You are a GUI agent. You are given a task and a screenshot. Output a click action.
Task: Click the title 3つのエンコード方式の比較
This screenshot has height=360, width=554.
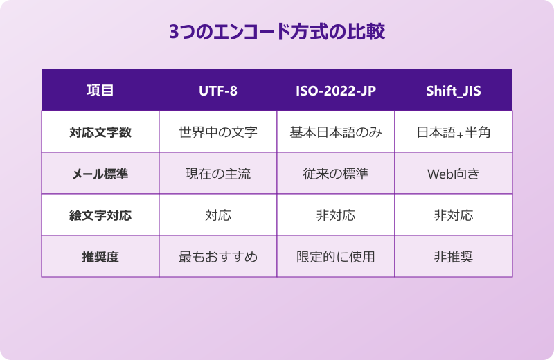click(277, 33)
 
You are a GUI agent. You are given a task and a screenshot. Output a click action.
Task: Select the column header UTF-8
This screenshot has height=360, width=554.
click(218, 91)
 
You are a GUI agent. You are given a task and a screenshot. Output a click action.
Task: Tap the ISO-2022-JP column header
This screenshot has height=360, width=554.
click(336, 91)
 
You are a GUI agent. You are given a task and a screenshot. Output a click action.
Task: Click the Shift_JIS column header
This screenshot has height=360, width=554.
click(454, 91)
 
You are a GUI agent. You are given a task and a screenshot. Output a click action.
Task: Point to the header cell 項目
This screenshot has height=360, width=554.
click(100, 91)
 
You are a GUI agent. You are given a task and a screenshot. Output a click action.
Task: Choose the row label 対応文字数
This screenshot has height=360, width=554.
click(100, 132)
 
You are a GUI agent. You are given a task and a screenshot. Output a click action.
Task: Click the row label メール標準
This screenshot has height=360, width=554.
click(100, 173)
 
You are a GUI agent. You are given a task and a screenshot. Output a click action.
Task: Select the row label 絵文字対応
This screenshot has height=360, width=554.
click(100, 215)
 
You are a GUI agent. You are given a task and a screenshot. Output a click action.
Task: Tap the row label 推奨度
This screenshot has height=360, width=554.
click(100, 256)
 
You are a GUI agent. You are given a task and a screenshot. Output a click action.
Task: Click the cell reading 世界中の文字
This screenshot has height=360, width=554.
click(218, 132)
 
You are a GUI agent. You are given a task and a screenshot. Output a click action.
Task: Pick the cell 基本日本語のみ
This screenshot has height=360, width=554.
click(336, 132)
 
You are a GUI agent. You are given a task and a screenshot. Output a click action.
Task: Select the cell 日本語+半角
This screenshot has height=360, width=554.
click(454, 132)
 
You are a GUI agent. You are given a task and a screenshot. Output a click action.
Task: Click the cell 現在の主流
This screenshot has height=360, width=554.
click(218, 173)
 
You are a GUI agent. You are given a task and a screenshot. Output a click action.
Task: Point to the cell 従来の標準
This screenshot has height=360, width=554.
click(336, 173)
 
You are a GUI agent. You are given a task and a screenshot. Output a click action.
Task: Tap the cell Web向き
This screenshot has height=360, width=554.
click(454, 173)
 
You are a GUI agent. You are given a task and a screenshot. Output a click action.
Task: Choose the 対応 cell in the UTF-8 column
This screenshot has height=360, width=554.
click(218, 215)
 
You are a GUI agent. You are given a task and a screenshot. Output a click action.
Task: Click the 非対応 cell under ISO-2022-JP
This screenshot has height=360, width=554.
click(336, 215)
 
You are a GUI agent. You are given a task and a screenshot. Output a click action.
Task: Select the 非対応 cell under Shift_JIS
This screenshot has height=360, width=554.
click(454, 215)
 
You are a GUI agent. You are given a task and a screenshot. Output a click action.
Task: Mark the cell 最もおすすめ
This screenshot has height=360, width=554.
click(218, 256)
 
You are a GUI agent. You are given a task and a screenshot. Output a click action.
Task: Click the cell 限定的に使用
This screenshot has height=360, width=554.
click(336, 256)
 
